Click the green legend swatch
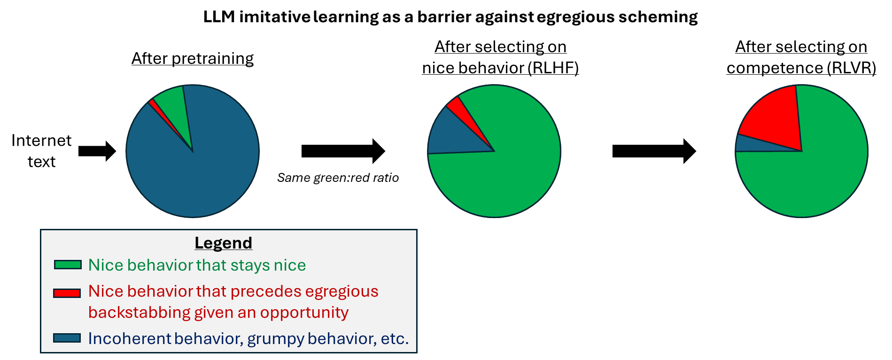(x=68, y=265)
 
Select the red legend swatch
(x=67, y=293)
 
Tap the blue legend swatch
(x=67, y=338)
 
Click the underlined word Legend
(x=223, y=243)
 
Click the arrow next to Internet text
(x=97, y=151)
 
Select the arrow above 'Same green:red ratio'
(x=343, y=151)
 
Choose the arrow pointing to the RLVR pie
(x=654, y=151)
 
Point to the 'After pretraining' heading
(x=193, y=58)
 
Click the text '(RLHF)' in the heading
(x=553, y=68)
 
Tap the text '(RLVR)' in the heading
(x=851, y=68)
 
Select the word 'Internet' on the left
(x=41, y=140)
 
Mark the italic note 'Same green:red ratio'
(x=338, y=178)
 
